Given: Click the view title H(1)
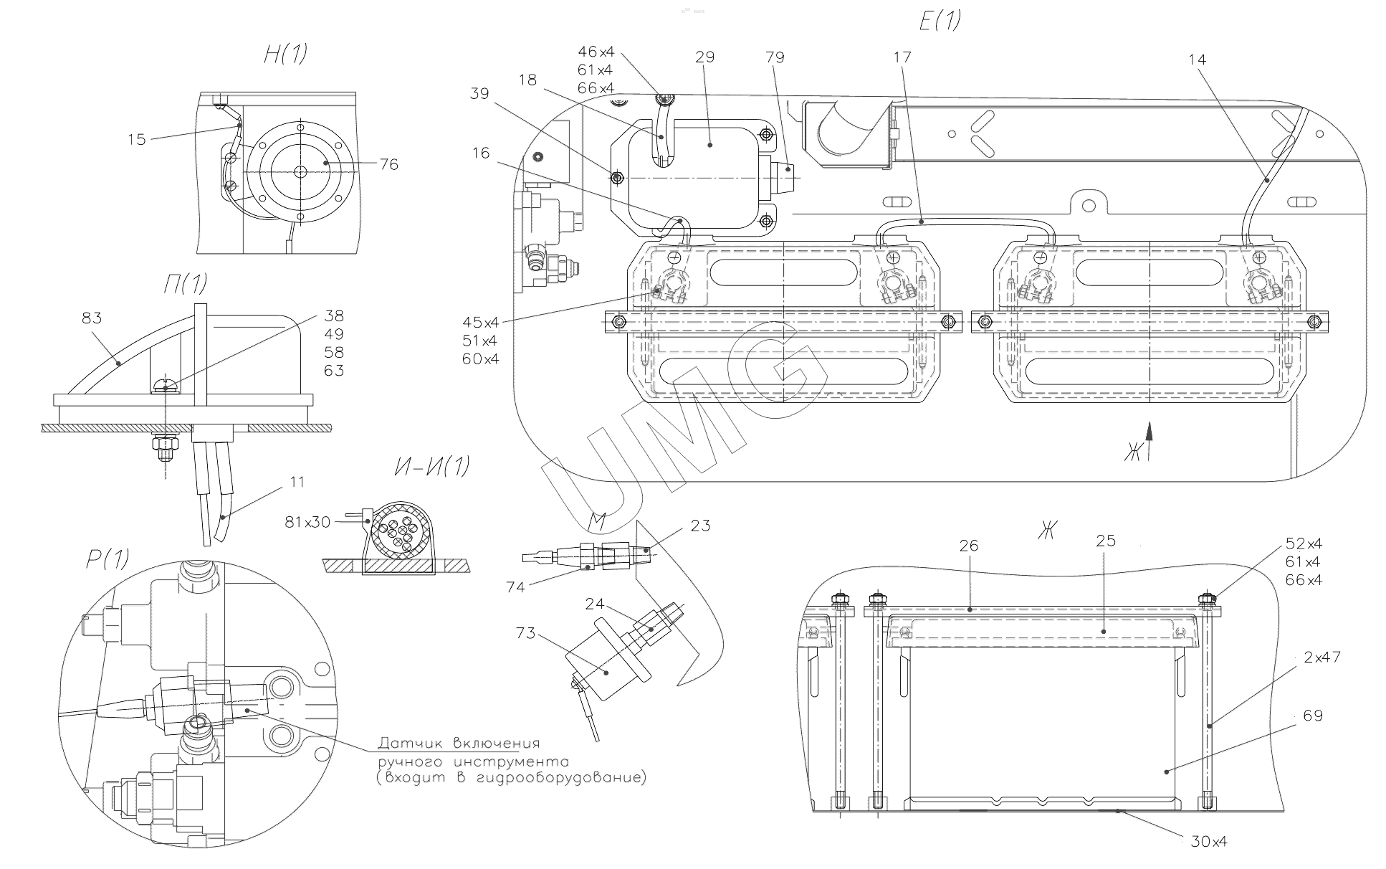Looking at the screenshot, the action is tap(285, 54).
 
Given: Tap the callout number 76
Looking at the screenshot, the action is tap(388, 165).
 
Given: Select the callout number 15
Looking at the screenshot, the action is tap(137, 139).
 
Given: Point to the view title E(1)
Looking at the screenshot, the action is tap(940, 21).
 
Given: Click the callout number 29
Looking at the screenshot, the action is tap(705, 57).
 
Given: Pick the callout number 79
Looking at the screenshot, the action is tap(775, 57).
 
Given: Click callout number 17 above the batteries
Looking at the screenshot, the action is tap(902, 57).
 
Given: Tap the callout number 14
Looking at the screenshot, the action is tap(1197, 60).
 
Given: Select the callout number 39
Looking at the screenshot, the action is tap(480, 93).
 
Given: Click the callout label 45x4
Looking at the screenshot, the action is tap(480, 322).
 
